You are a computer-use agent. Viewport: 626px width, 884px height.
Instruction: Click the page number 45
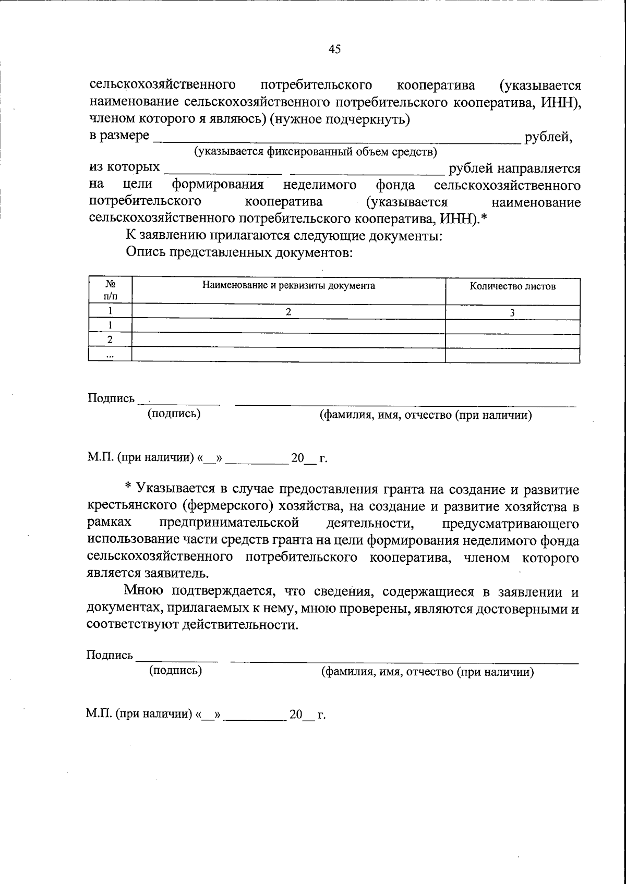click(x=334, y=49)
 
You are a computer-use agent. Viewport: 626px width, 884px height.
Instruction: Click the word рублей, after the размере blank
click(x=548, y=137)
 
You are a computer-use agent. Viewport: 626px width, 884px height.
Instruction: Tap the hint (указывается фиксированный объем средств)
click(x=316, y=152)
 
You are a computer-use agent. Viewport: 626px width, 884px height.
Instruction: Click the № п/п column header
click(x=110, y=290)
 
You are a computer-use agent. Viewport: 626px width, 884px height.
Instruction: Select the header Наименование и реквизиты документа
click(x=288, y=286)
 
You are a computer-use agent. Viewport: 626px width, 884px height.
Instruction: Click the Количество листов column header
click(x=512, y=286)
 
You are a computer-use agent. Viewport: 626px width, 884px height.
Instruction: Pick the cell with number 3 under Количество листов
click(x=512, y=313)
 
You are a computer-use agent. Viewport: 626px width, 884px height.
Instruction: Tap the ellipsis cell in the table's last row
click(x=110, y=355)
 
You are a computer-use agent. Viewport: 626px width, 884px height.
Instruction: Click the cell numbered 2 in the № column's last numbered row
click(x=110, y=340)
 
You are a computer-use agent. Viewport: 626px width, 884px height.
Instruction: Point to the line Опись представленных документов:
click(x=239, y=253)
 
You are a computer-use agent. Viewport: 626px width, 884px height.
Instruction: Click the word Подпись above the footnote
click(x=111, y=398)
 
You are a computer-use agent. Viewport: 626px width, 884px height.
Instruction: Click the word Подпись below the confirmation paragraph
click(x=110, y=655)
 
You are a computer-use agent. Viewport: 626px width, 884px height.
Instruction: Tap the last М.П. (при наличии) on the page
click(x=139, y=714)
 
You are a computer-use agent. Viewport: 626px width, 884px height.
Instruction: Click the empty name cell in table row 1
click(x=288, y=326)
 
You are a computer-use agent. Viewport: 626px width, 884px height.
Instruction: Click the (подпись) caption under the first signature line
click(x=174, y=414)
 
